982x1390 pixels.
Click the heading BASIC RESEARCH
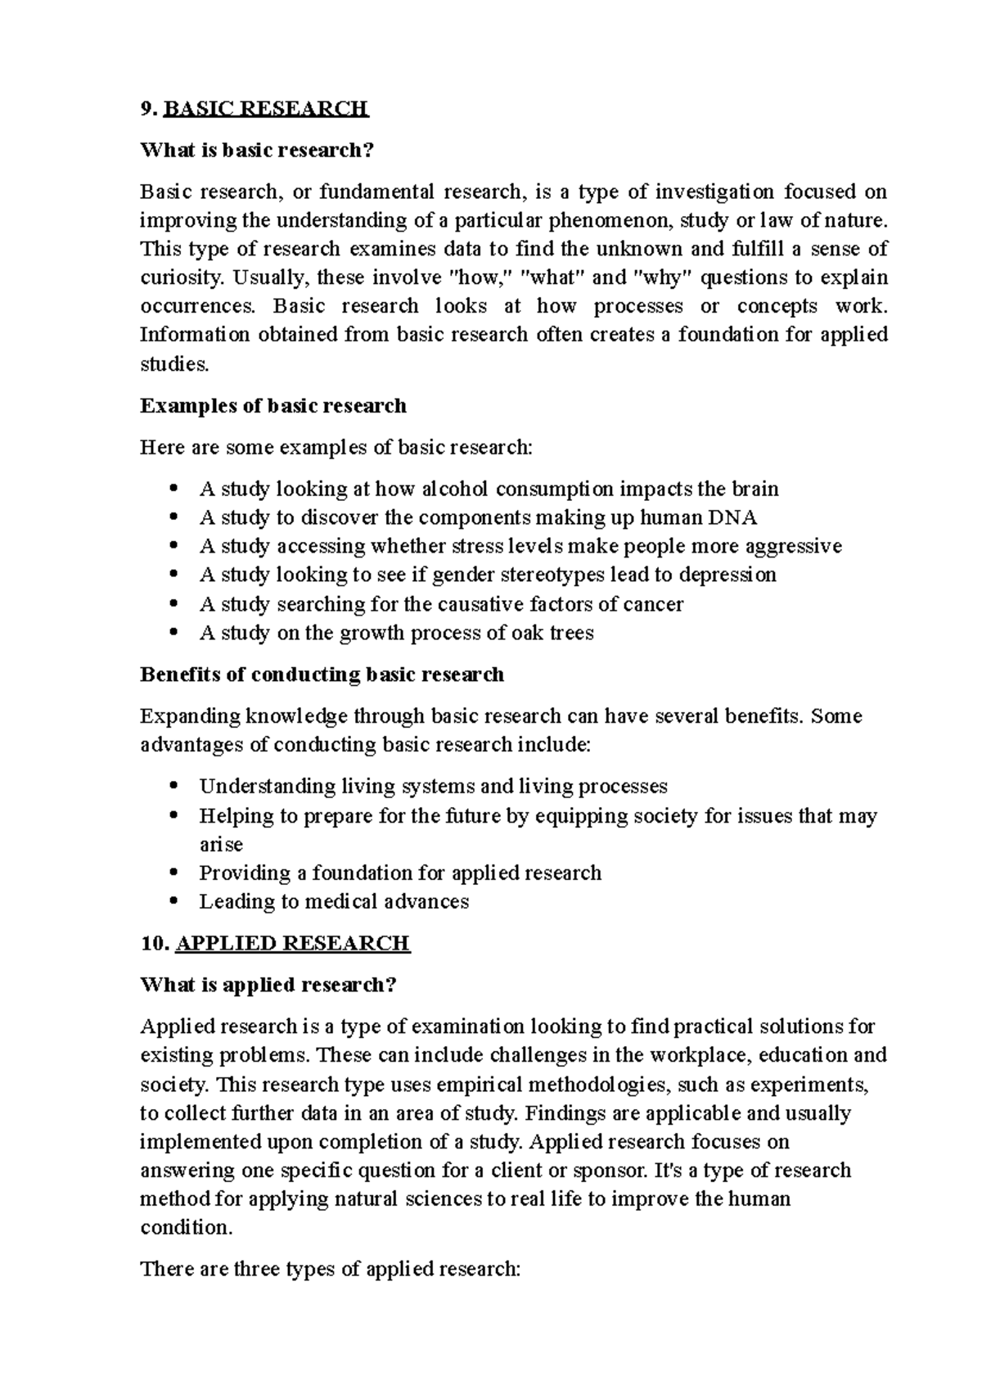[x=266, y=108]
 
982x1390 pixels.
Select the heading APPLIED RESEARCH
[x=292, y=943]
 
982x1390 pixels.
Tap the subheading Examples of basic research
[x=273, y=406]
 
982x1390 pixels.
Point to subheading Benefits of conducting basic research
[x=322, y=675]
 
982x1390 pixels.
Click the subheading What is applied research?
[x=268, y=985]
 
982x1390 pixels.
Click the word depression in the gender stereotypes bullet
[x=727, y=575]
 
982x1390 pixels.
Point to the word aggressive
[x=793, y=546]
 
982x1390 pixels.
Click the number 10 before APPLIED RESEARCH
[x=153, y=943]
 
